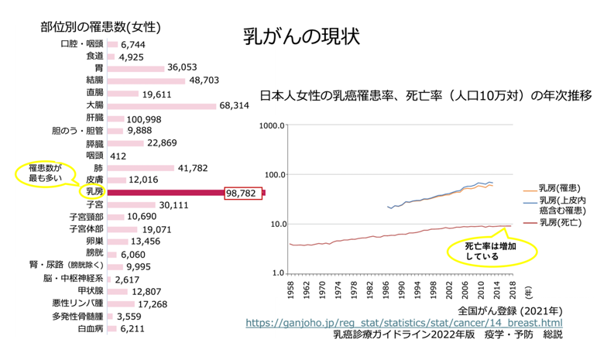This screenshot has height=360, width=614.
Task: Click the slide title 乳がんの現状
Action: pos(301,37)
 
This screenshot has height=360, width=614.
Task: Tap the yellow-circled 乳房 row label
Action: pos(94,191)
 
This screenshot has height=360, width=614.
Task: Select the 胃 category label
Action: pos(98,68)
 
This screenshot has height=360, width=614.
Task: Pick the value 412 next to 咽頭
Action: pos(118,156)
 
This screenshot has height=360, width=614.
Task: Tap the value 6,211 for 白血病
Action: pos(134,328)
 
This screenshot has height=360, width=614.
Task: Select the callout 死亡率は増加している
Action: pos(491,249)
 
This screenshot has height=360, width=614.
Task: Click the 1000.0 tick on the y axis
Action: pos(272,125)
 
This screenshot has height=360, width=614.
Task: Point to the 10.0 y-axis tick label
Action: pos(274,224)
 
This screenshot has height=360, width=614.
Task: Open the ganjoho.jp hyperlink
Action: pos(404,322)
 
